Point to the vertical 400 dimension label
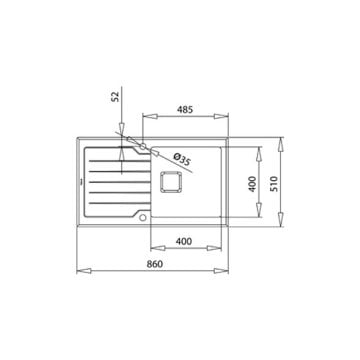[x=253, y=184]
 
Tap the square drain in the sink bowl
[x=171, y=184]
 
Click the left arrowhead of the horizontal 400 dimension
[x=152, y=248]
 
